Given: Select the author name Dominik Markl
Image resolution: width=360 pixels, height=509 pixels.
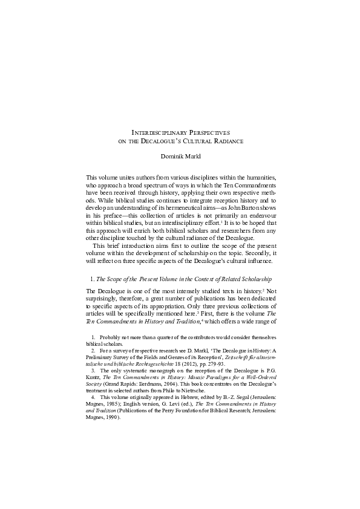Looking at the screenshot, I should [x=180, y=157].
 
